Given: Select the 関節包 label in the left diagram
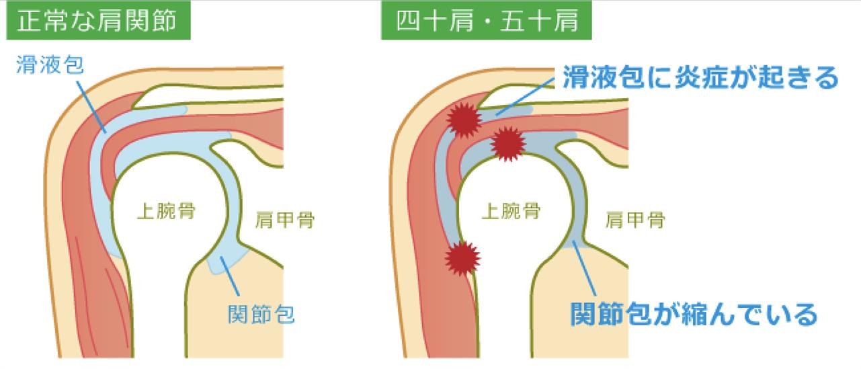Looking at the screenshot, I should click(x=261, y=313).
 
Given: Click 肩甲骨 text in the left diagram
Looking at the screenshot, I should click(x=286, y=220).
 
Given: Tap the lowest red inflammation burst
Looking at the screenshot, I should click(x=463, y=257).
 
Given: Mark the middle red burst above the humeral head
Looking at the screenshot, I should click(x=507, y=142).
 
